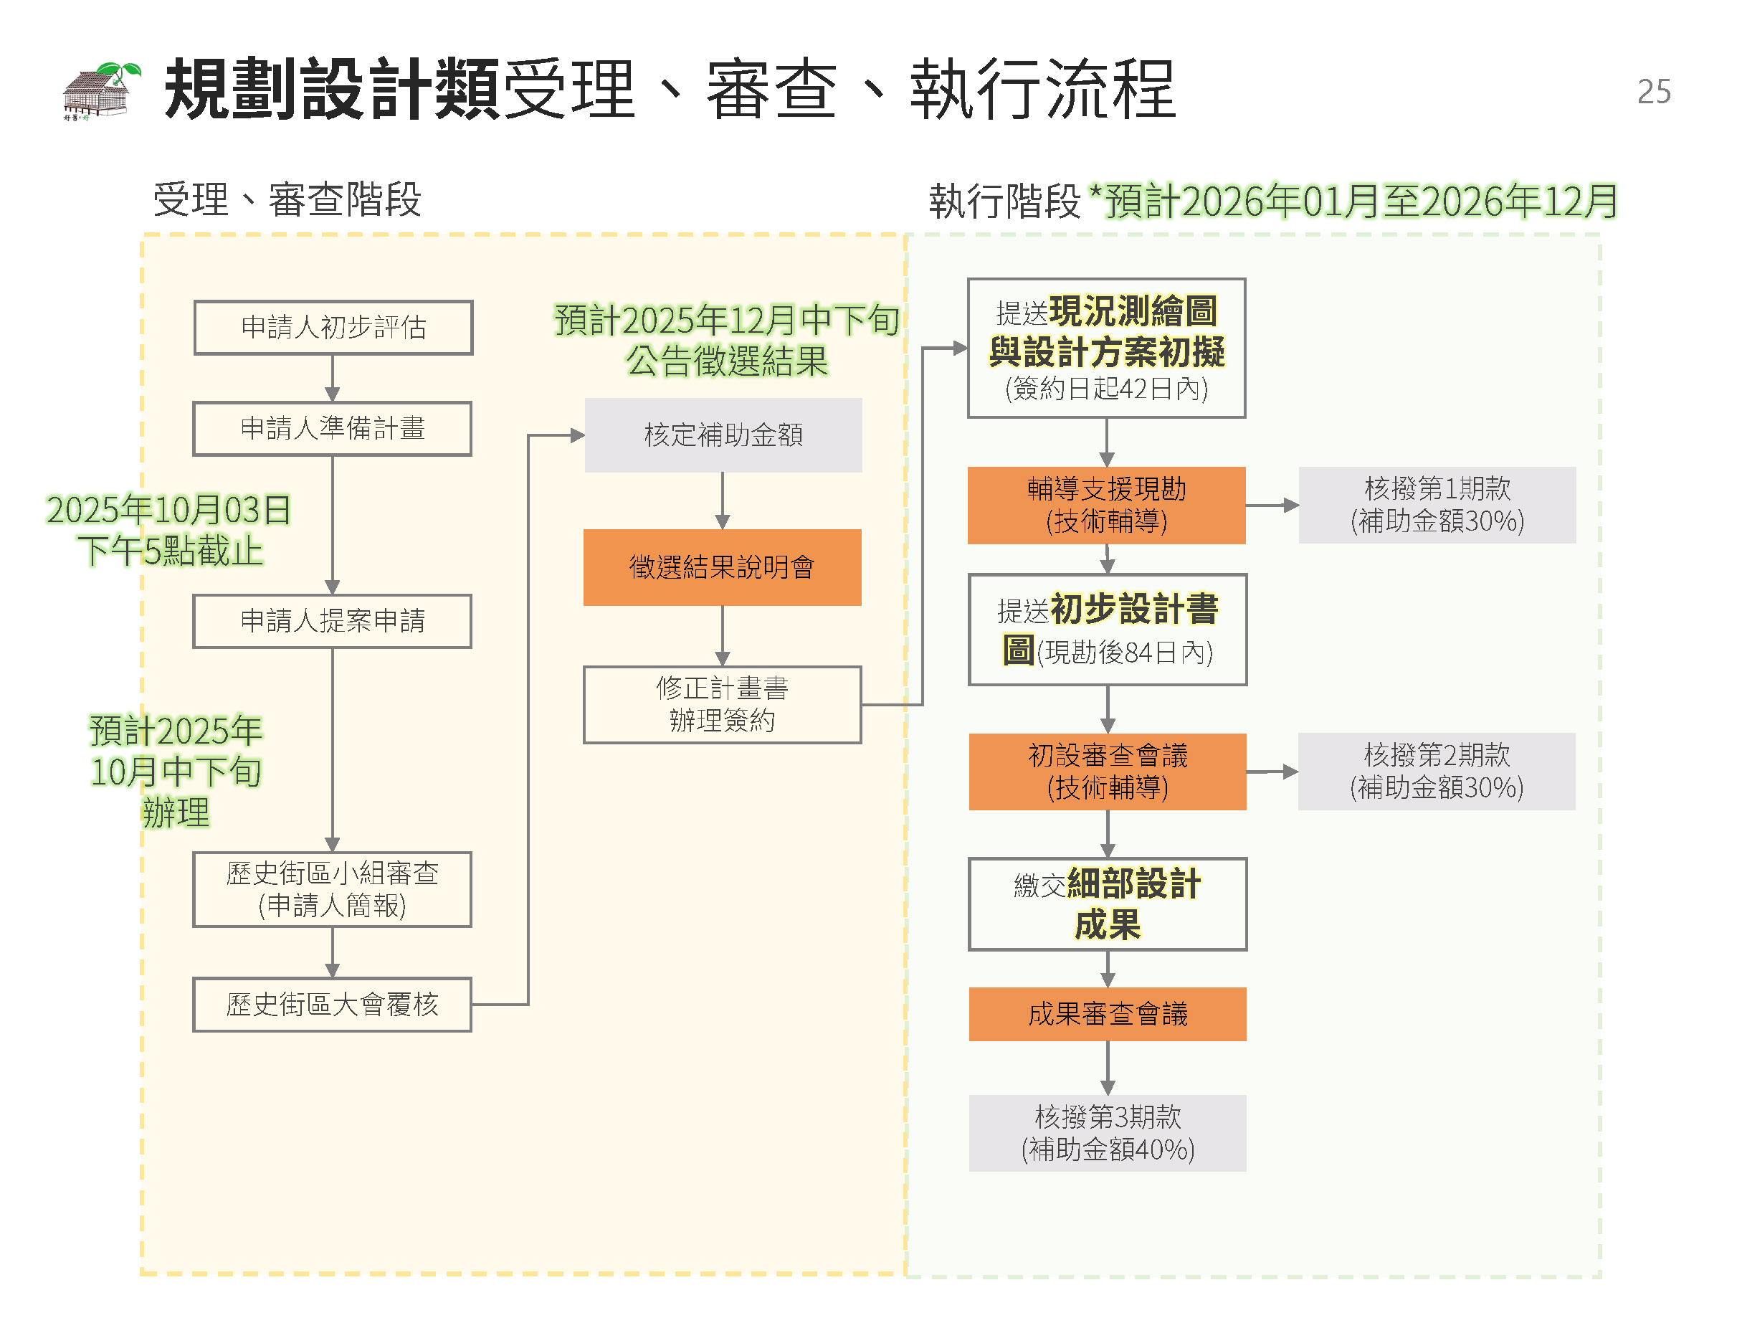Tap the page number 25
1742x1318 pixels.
(1653, 93)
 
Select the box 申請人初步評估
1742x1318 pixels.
(333, 327)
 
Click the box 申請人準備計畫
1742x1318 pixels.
(333, 429)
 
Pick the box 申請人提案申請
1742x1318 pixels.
(333, 621)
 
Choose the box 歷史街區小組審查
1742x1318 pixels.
(333, 888)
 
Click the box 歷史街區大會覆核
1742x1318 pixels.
(333, 1005)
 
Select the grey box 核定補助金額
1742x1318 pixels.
(723, 435)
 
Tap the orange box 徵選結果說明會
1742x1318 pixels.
(722, 567)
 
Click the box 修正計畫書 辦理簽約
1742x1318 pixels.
(722, 704)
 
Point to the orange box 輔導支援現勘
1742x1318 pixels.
(1106, 505)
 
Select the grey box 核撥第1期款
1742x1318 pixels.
(1437, 505)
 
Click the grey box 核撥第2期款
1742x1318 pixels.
(1437, 772)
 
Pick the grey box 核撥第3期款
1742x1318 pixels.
(1108, 1133)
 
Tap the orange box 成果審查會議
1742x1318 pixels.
(1108, 1014)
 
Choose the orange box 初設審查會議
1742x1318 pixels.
(1108, 772)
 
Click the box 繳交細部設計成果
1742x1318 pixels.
(1108, 904)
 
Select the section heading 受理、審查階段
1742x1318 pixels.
(287, 199)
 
